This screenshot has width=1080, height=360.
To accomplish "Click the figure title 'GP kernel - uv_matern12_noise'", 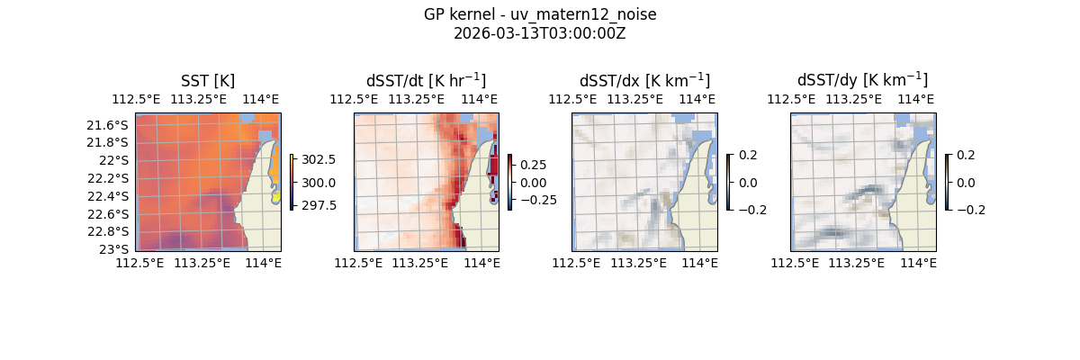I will [x=540, y=14].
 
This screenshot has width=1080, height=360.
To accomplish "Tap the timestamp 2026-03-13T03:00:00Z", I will [x=540, y=33].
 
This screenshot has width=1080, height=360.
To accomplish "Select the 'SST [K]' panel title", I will [x=208, y=80].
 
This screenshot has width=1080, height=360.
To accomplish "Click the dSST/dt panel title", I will [x=426, y=80].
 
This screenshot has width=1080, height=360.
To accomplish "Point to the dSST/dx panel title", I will [x=644, y=80].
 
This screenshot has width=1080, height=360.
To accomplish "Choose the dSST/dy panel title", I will [x=862, y=80].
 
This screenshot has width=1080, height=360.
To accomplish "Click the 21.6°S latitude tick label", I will [x=107, y=124].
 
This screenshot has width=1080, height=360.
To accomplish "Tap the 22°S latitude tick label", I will [x=114, y=160].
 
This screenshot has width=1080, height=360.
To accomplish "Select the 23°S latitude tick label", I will [x=114, y=248].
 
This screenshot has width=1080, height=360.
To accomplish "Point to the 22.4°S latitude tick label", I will [x=107, y=196].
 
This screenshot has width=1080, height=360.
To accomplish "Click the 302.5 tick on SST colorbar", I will [x=320, y=159].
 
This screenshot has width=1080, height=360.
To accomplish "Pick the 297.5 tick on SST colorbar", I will [x=320, y=205].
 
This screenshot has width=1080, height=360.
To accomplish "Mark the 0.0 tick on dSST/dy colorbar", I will [x=967, y=182].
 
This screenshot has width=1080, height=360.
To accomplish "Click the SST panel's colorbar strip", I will [x=292, y=182].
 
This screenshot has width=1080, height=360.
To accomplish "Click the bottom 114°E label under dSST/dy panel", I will [x=919, y=263].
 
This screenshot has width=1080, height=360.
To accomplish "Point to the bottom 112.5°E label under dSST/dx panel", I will [x=576, y=263].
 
